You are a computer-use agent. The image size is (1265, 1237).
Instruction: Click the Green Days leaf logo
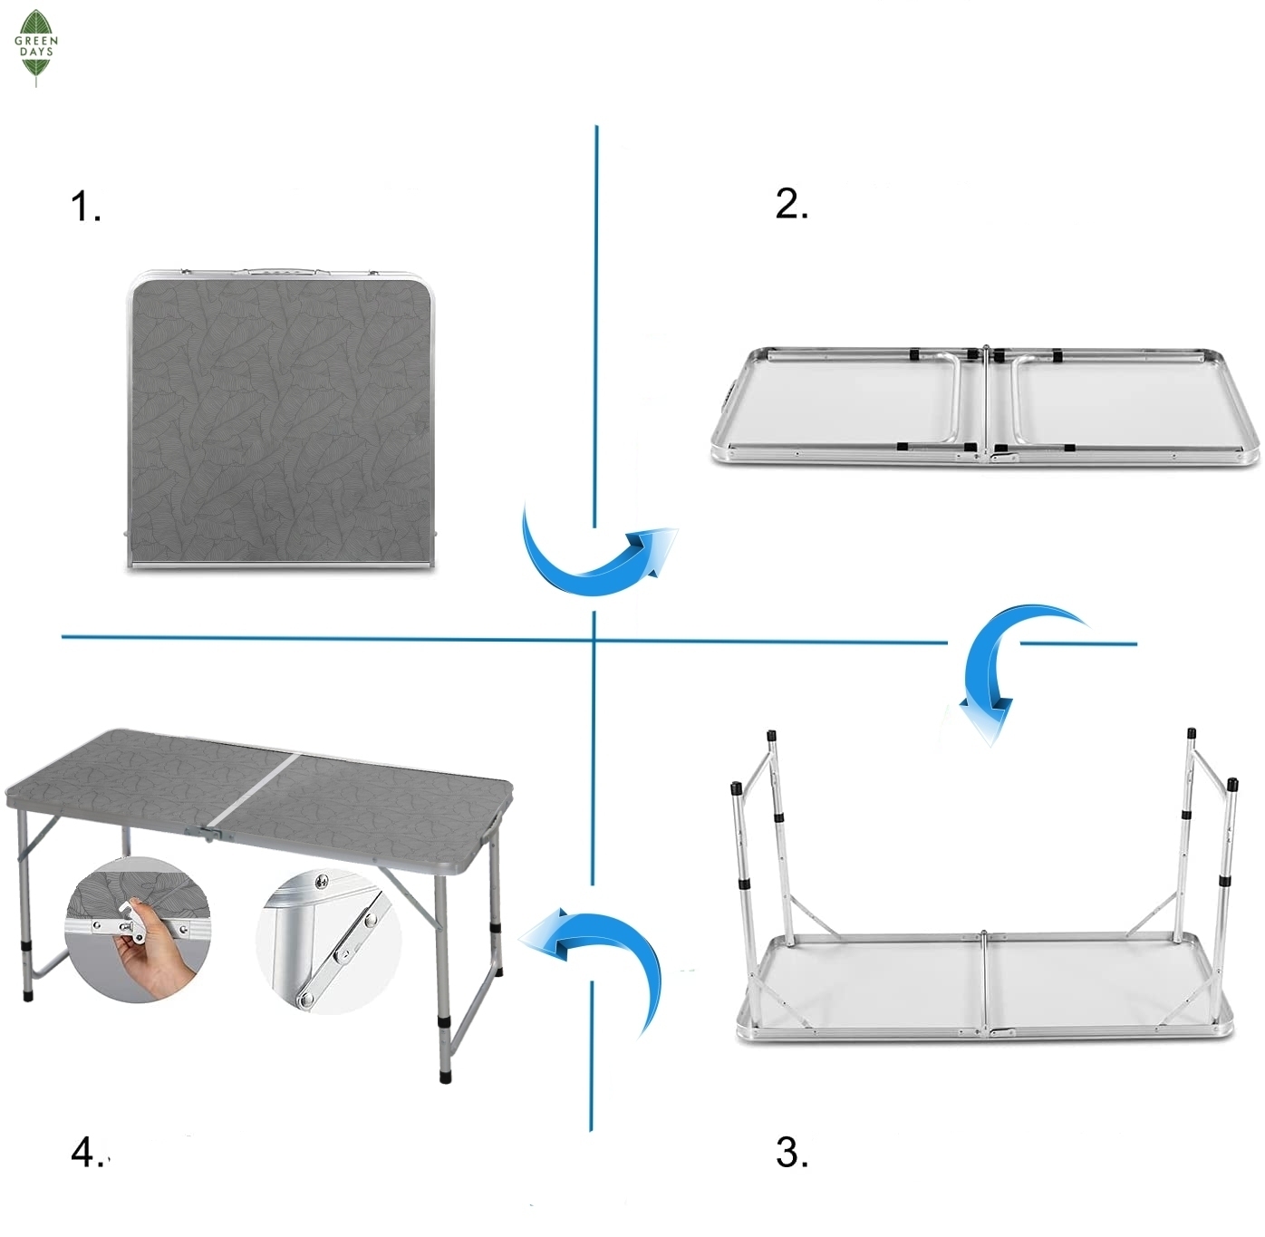coord(35,47)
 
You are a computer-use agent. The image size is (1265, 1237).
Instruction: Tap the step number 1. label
coord(85,207)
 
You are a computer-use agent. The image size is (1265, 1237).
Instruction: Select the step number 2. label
coord(792,204)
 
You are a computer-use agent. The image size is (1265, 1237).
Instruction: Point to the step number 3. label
coord(792,1153)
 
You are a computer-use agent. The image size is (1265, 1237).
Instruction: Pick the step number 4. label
coord(86,1153)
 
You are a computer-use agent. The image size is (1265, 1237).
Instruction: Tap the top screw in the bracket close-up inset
coord(320,882)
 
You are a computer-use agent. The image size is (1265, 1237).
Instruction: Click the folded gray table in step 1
coord(282,419)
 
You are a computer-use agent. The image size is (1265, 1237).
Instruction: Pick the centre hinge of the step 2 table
coord(987,404)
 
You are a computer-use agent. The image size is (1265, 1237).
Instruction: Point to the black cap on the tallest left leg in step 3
coord(771,736)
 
